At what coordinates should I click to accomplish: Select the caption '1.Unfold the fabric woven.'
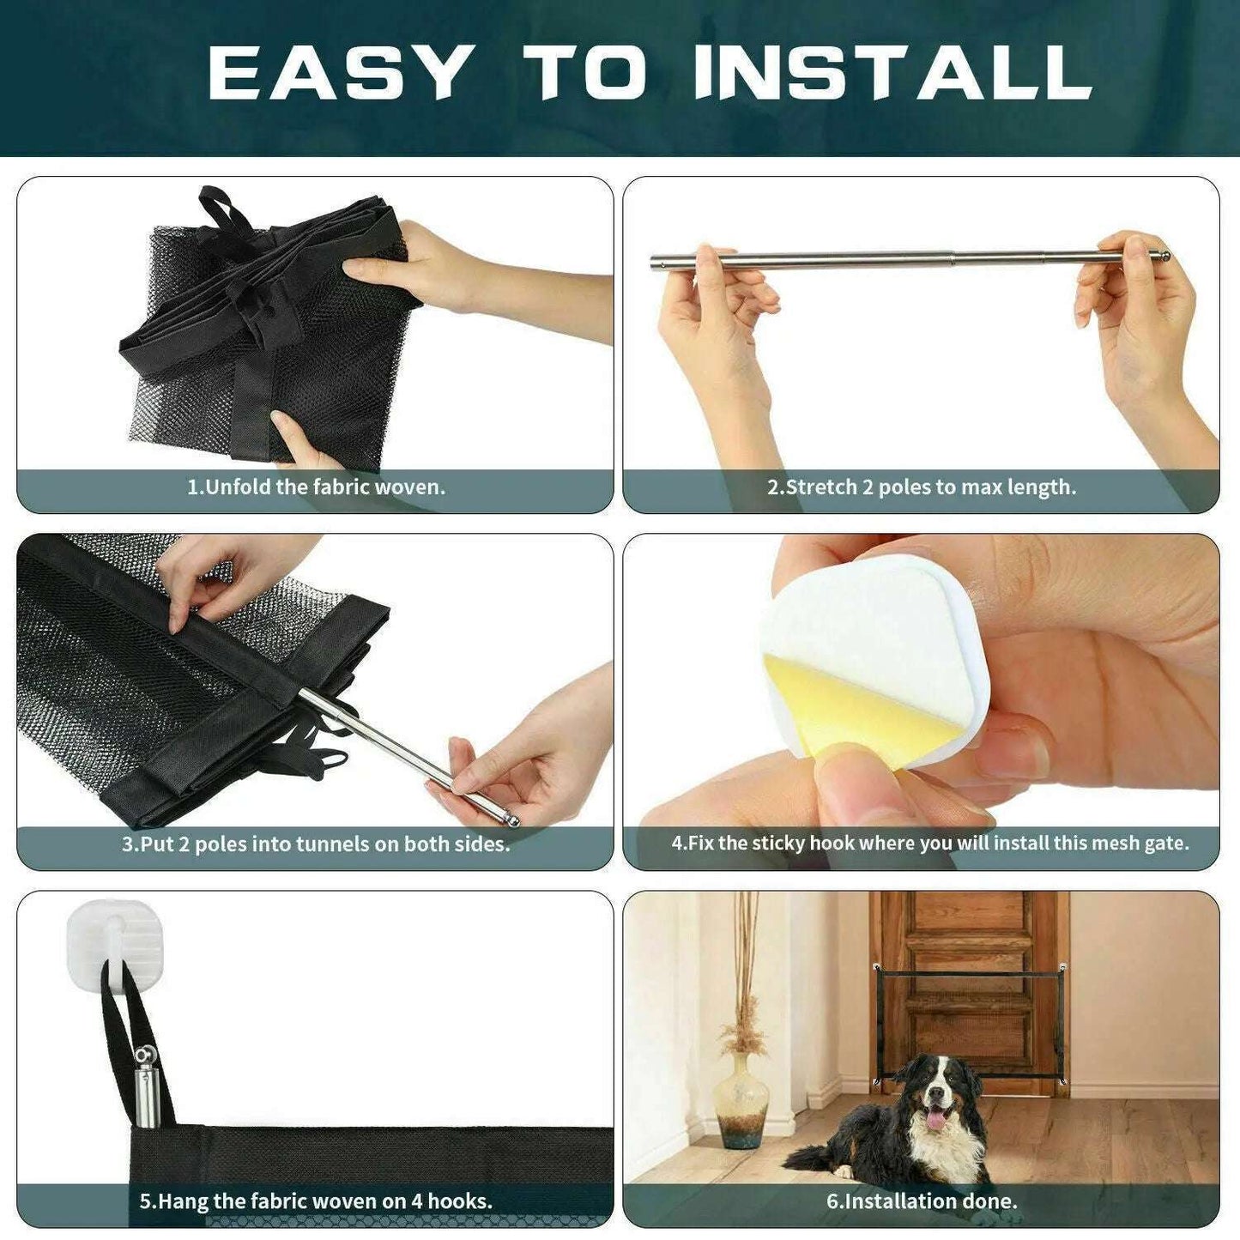coord(317,487)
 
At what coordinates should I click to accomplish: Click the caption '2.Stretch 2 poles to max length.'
coord(921,487)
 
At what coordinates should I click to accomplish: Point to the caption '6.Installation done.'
coord(922,1201)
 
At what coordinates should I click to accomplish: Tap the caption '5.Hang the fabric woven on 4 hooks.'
coord(316,1201)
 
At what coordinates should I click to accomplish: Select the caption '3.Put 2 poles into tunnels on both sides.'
coord(316,844)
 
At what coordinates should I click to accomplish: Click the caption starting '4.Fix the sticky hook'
coord(930,844)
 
